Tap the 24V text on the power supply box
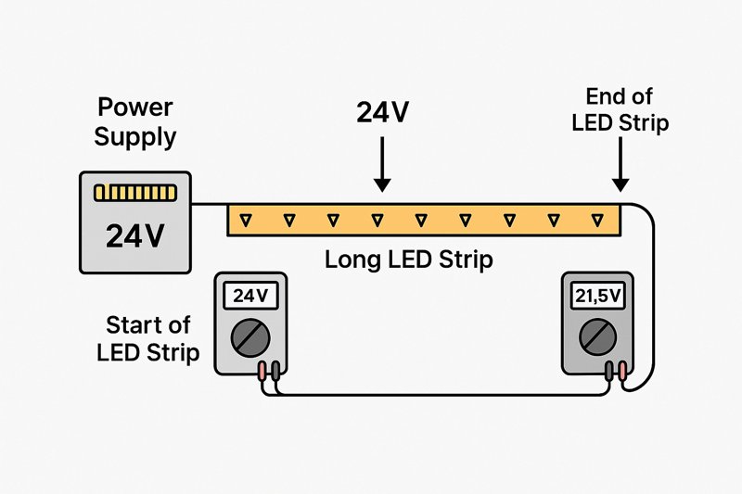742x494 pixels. point(135,236)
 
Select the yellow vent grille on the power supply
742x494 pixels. point(135,193)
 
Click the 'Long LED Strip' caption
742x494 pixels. point(408,260)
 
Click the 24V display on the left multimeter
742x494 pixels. point(249,298)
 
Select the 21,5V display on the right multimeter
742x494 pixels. point(599,298)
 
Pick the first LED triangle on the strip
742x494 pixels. point(245,220)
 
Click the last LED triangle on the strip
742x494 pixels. point(596,220)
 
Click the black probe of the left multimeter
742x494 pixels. point(275,371)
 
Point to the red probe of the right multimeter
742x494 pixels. point(621,371)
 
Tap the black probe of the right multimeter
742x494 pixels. point(609,371)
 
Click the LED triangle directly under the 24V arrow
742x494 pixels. point(377,220)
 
